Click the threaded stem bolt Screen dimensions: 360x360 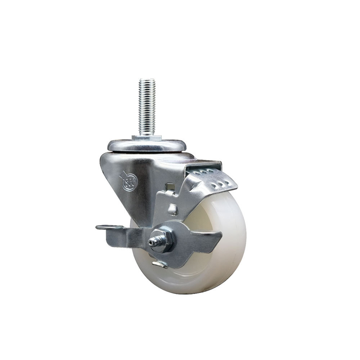coord(147,108)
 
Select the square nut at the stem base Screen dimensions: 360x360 coord(147,138)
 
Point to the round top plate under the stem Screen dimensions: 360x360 coord(147,145)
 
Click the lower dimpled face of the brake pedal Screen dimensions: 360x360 coord(216,184)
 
